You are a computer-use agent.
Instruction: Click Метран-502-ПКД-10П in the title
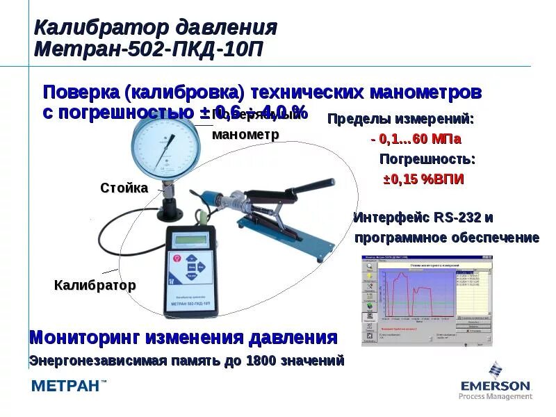(149, 50)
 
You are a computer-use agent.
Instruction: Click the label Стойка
(124, 188)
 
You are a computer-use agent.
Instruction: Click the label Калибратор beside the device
(95, 285)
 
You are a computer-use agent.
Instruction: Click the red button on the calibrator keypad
(177, 258)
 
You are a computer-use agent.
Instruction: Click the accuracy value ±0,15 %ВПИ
(423, 179)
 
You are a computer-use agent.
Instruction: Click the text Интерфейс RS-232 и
(423, 218)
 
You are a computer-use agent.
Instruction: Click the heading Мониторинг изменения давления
(183, 338)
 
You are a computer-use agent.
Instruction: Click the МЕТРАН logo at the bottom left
(69, 387)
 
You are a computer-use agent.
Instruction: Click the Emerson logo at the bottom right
(495, 382)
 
